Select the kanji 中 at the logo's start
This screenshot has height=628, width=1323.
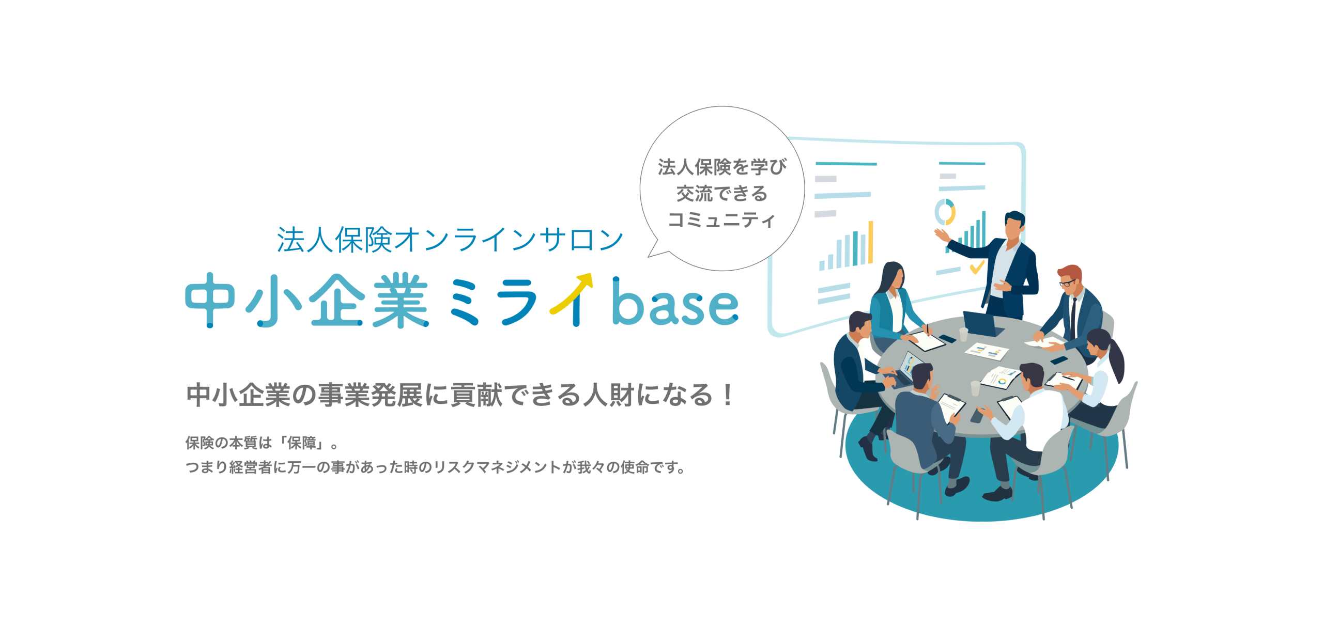click(210, 300)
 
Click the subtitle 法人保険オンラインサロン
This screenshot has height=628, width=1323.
click(450, 240)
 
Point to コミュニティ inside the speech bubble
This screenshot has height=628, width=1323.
click(722, 220)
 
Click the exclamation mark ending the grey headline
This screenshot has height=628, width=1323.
click(728, 395)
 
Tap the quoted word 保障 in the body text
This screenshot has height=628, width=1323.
click(302, 443)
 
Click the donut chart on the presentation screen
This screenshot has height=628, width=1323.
click(945, 212)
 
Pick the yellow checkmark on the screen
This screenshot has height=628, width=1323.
click(976, 266)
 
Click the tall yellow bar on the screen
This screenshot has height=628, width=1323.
click(871, 242)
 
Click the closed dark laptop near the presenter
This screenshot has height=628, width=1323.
click(982, 324)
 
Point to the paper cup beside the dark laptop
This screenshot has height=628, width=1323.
click(963, 334)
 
